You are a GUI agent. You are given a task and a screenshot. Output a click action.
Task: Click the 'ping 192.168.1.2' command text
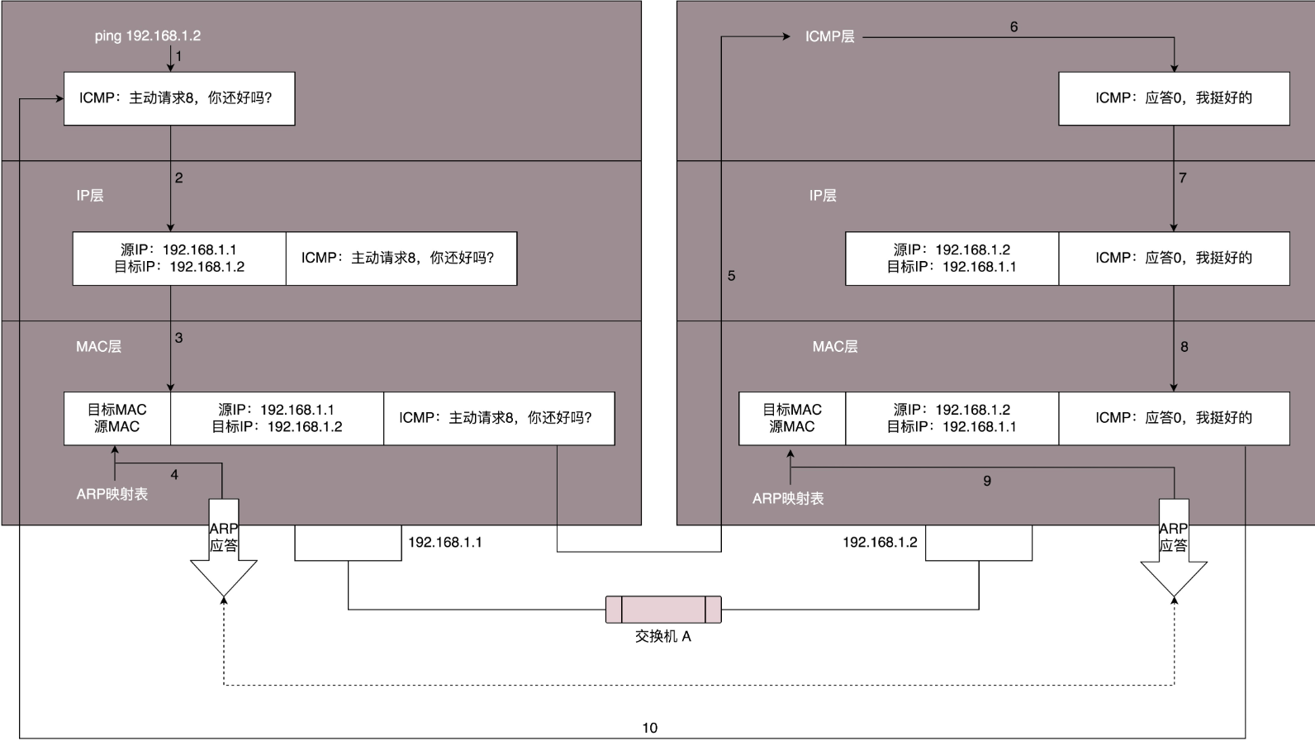[x=147, y=36]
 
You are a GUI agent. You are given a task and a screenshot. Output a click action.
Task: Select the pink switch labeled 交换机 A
[x=663, y=610]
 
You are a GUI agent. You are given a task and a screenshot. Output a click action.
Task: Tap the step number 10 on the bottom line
[x=650, y=728]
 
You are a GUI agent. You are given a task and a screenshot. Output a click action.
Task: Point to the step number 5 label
[x=731, y=276]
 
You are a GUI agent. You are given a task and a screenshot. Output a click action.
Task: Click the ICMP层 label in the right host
[x=829, y=37]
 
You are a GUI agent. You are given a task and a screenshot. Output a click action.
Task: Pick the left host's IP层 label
[x=90, y=196]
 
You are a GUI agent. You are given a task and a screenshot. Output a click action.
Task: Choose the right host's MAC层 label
[x=834, y=347]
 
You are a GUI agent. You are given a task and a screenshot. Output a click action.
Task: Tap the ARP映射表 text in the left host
[x=112, y=494]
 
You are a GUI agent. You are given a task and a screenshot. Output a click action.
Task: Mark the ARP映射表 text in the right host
[x=788, y=499]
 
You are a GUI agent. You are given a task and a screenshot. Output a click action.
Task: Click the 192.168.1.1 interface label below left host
[x=445, y=543]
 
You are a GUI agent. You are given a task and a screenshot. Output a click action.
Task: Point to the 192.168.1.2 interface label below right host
[x=880, y=543]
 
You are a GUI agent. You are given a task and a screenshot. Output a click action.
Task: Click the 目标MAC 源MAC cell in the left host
[x=117, y=419]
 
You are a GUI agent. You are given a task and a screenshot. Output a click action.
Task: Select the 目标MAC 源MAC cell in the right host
[x=792, y=419]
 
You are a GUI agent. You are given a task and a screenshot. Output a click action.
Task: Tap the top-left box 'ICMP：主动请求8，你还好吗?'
[x=179, y=98]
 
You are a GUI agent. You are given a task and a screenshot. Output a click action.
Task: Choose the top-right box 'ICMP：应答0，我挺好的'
[x=1174, y=98]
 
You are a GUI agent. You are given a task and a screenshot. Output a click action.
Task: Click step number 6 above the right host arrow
[x=1014, y=27]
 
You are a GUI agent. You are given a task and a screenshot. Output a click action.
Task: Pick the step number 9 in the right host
[x=987, y=481]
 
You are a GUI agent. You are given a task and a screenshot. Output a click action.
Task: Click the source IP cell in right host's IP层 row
[x=952, y=259]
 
